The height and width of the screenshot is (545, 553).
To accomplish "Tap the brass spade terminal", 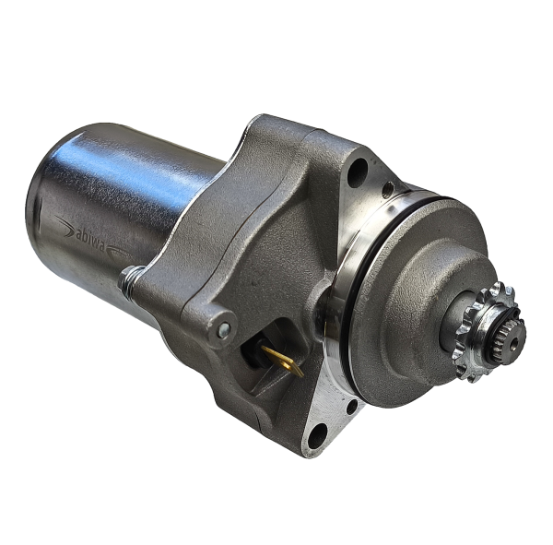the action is pos(282,360).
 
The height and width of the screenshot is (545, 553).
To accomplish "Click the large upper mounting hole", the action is pos(358,172).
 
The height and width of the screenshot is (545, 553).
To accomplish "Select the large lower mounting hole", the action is pos(317,436).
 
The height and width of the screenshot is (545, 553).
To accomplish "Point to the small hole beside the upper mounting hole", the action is pos(388,190).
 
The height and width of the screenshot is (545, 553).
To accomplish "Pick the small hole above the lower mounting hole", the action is pos(352,407).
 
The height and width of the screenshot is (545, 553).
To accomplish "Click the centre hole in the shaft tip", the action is pos(515,342).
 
